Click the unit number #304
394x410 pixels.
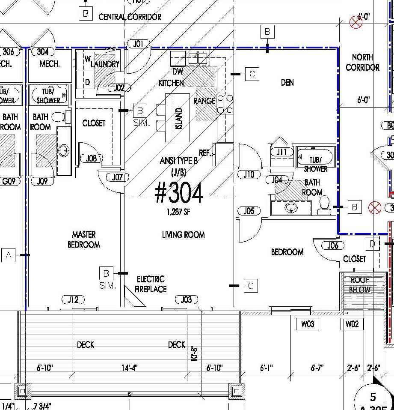tap(179, 194)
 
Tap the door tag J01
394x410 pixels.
tap(138, 44)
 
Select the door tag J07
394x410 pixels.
tap(117, 177)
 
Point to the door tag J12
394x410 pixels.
tap(73, 299)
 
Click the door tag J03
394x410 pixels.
tap(186, 299)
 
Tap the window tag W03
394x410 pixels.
tap(307, 324)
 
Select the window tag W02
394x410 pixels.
tap(352, 324)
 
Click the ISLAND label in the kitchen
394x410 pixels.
tap(179, 118)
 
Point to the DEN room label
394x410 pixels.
tap(287, 82)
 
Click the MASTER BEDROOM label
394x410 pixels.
tap(83, 239)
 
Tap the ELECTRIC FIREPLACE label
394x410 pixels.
tap(151, 284)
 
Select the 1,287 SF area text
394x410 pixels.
tap(179, 212)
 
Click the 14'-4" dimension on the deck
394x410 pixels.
tap(129, 368)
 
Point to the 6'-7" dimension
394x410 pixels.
tap(317, 368)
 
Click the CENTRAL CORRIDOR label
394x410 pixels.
tap(130, 17)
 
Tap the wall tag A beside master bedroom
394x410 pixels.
tap(9, 255)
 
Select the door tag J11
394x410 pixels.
tap(281, 152)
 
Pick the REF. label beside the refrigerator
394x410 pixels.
tap(205, 153)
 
